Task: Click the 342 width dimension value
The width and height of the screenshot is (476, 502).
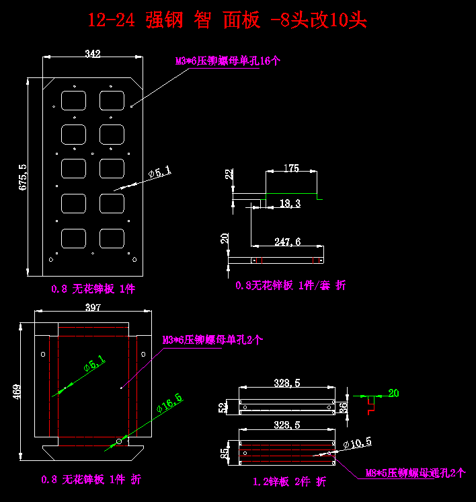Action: click(x=93, y=54)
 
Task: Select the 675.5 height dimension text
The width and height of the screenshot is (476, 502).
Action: click(x=23, y=177)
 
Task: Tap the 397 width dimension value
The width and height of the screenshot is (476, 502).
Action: click(x=93, y=308)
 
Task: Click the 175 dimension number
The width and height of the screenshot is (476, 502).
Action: click(x=291, y=168)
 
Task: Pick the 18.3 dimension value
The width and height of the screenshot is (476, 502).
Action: click(x=290, y=203)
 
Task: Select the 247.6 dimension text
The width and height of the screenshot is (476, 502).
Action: click(x=288, y=242)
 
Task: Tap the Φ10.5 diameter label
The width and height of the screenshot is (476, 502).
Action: click(x=357, y=443)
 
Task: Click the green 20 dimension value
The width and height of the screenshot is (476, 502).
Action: click(x=393, y=393)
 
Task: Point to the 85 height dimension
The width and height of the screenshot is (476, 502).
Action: click(x=224, y=453)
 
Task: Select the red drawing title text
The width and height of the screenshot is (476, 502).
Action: click(x=227, y=20)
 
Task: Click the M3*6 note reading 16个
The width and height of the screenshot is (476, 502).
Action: click(x=228, y=61)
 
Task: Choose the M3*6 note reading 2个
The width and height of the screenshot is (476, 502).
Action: click(x=212, y=340)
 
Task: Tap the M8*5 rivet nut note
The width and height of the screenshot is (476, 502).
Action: click(x=415, y=473)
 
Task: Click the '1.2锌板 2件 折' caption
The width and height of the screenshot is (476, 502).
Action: click(x=289, y=482)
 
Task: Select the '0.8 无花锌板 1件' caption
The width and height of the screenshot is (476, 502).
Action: click(x=93, y=289)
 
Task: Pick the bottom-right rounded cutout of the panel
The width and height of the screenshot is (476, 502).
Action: click(x=112, y=238)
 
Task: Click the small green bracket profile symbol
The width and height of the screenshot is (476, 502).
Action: click(x=370, y=402)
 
